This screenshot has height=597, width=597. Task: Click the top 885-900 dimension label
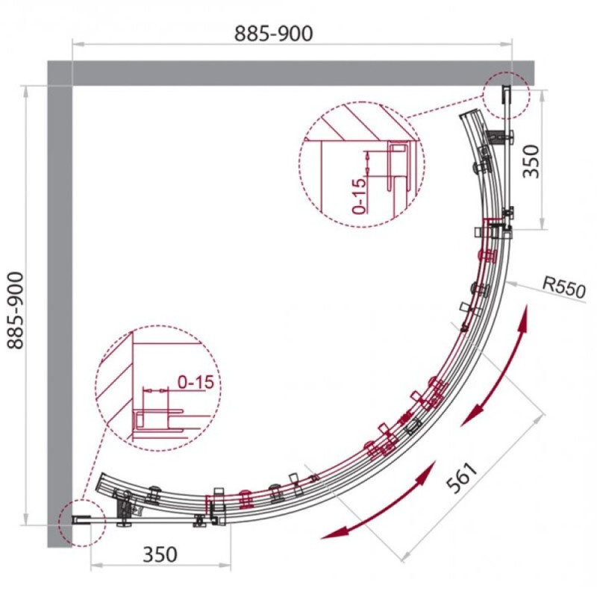click(273, 34)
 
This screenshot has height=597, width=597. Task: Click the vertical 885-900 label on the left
click(16, 310)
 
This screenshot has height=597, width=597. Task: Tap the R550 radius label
click(564, 287)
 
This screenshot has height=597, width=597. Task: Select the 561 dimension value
click(462, 478)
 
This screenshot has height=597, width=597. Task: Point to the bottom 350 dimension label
click(160, 554)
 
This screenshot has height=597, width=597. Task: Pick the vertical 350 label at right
click(531, 161)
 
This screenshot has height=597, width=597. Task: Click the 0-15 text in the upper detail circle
click(359, 196)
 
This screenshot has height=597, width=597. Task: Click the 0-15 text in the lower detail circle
click(196, 382)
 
